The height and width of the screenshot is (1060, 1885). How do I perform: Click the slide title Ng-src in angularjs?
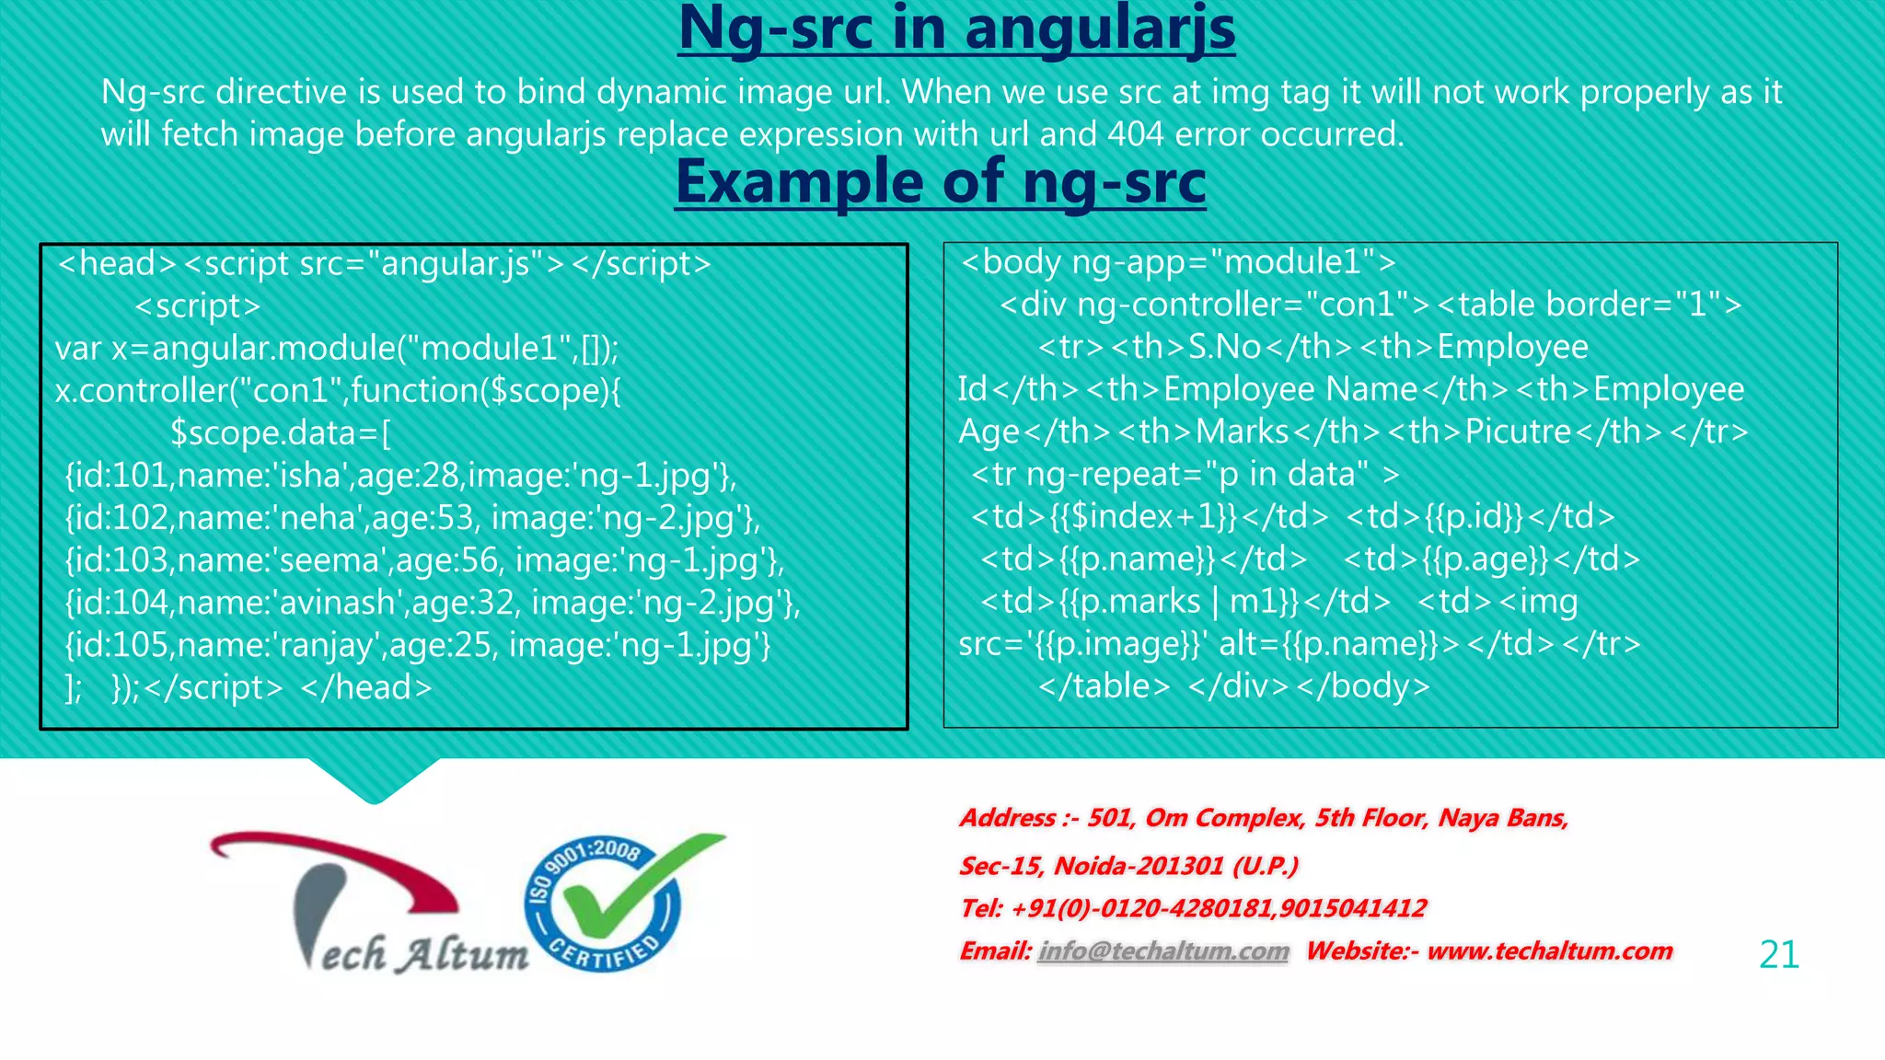pos(956,29)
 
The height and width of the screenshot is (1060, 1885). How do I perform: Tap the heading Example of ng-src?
pos(940,182)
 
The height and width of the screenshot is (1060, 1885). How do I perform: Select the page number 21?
pos(1778,954)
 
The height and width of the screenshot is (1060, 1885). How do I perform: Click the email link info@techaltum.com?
pos(1163,951)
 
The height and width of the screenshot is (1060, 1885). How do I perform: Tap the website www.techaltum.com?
pos(1549,951)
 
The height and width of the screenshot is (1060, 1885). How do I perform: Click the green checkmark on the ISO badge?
pos(626,883)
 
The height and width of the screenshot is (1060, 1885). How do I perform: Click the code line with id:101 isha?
pos(400,476)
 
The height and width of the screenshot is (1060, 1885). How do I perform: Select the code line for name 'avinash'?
pos(433,603)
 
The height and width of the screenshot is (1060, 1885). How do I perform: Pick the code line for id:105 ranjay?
pos(417,645)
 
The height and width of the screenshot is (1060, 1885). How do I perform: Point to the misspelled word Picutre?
pos(1518,432)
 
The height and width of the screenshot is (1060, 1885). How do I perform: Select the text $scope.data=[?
pos(281,433)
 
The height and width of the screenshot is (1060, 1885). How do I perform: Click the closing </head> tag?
pos(366,687)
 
